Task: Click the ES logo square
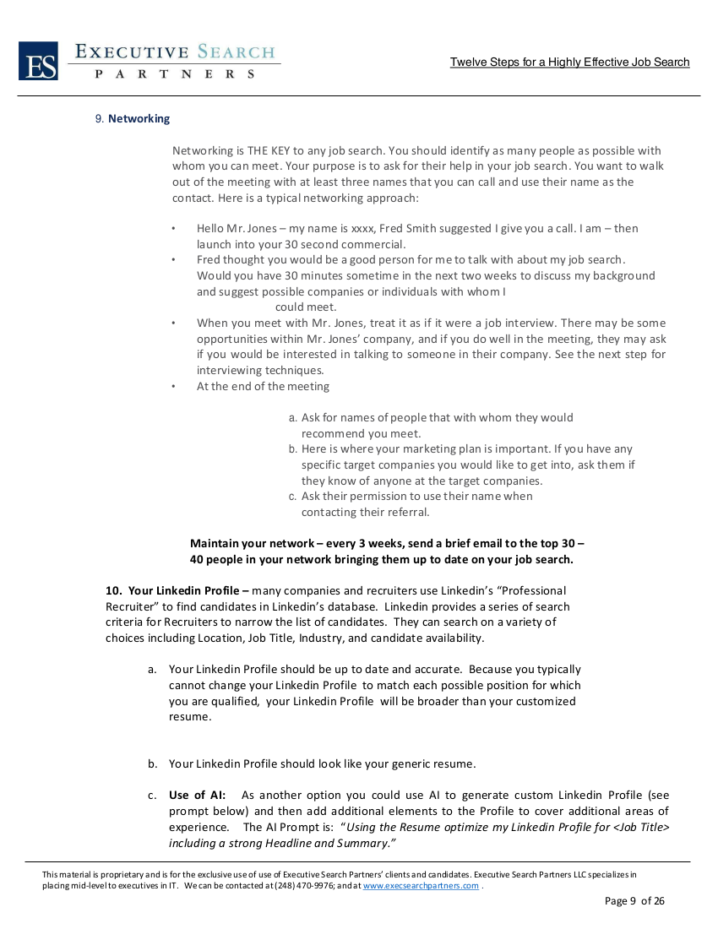(x=38, y=62)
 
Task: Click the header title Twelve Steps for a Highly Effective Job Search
(x=569, y=62)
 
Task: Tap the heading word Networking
(x=139, y=119)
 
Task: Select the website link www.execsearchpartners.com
(x=421, y=886)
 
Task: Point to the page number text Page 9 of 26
(x=634, y=901)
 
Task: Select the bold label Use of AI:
(x=191, y=796)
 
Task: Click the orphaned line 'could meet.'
(x=306, y=307)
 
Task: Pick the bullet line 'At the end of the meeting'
(x=263, y=387)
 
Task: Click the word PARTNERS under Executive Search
(x=176, y=74)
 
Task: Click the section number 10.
(x=114, y=590)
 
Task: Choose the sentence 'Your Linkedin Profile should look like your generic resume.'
(x=322, y=764)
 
